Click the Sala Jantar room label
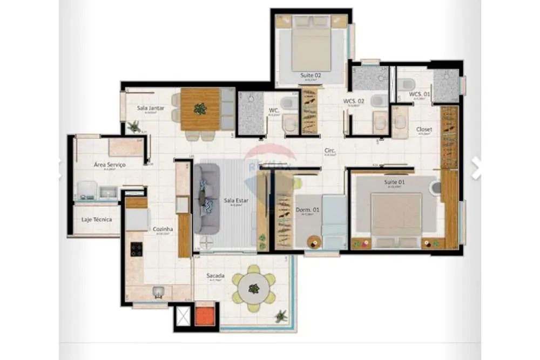150,108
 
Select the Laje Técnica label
97,220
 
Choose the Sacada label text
215,275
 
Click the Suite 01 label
394,182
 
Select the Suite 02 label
310,76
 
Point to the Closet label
424,130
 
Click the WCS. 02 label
354,101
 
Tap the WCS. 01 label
420,94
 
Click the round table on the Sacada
254,288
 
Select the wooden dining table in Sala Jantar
200,109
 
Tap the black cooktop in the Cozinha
137,249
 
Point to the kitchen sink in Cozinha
158,292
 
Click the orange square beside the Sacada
205,316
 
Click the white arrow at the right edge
476,168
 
